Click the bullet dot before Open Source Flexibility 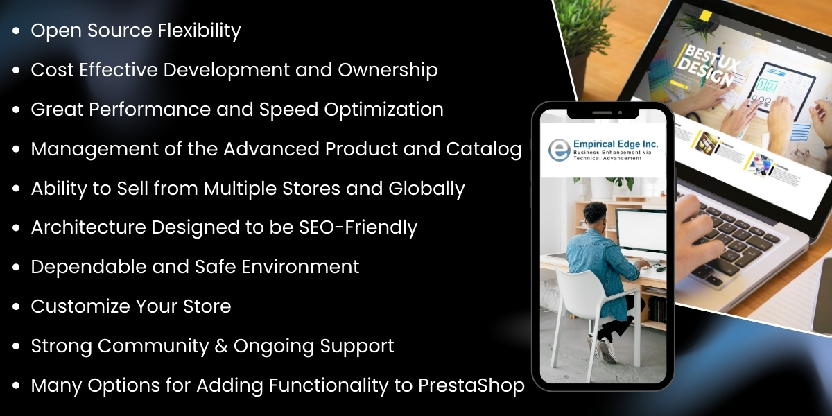click(x=16, y=31)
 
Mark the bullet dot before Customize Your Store click(x=16, y=306)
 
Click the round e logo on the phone click(x=558, y=150)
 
